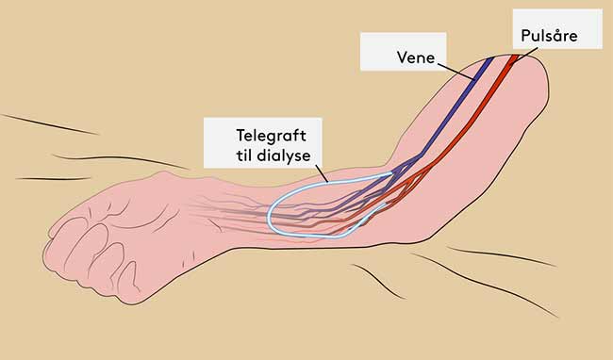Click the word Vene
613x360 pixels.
click(416, 57)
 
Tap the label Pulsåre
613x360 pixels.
click(549, 36)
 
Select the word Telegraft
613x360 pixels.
click(272, 137)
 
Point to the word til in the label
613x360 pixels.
click(244, 155)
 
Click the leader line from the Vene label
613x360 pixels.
click(456, 71)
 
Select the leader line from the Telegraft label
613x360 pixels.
click(322, 173)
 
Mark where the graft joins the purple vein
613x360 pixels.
click(391, 173)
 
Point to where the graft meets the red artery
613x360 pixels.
click(385, 204)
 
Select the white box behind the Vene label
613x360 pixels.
click(403, 52)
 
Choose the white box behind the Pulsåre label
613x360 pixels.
click(557, 29)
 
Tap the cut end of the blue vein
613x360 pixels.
click(489, 58)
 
